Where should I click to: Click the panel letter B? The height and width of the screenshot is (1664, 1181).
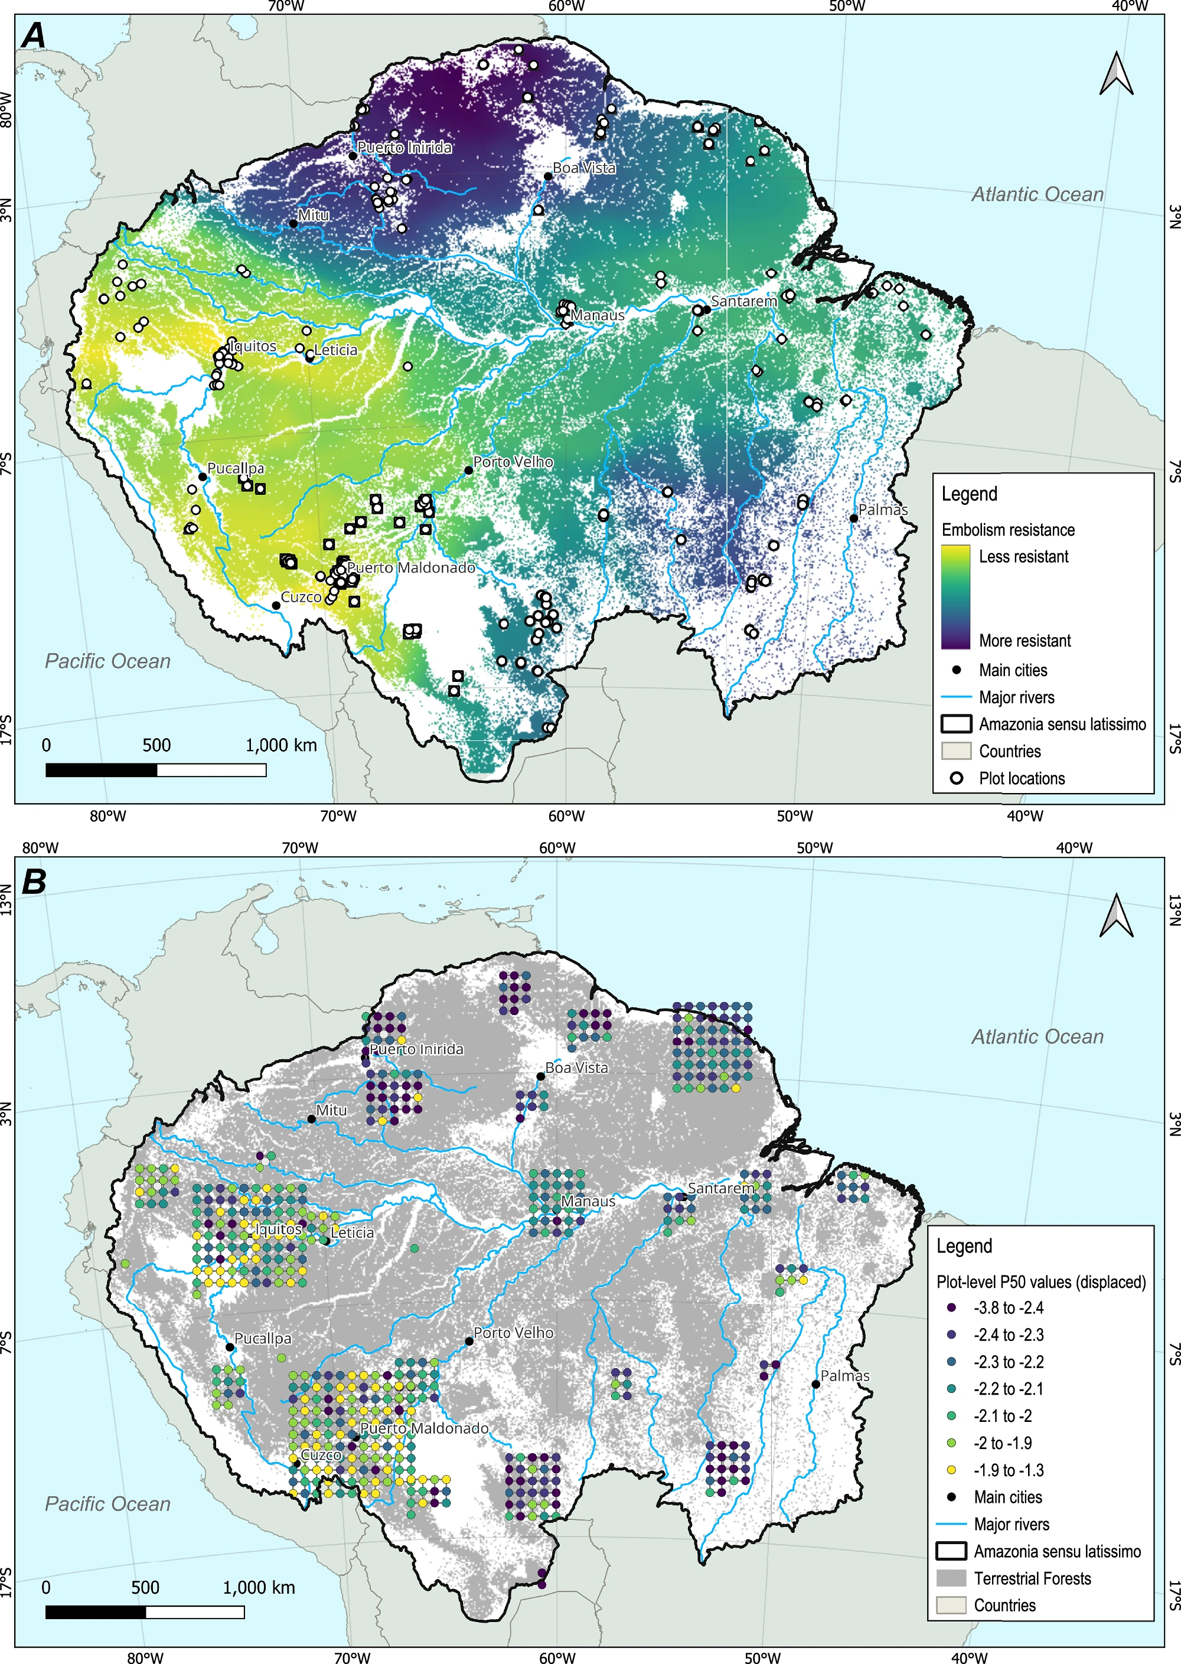coord(34,882)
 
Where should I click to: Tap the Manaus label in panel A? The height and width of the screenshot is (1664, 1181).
coord(598,315)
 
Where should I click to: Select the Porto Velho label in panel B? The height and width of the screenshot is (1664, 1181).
coord(513,1332)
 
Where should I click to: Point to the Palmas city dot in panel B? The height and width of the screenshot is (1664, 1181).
coord(816,1384)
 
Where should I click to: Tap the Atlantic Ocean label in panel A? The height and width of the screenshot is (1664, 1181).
coord(1038,194)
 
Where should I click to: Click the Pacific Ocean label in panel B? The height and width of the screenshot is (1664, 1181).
coord(107,1503)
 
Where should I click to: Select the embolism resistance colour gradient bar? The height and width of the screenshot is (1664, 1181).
coord(955,596)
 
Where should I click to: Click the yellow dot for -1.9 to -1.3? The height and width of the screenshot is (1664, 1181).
coord(951,1470)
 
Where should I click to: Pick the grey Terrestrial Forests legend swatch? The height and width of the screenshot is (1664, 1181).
coord(951,1578)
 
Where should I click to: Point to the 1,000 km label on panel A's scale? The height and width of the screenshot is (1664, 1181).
coord(280,745)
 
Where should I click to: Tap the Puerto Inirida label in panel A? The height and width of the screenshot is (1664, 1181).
coord(404,148)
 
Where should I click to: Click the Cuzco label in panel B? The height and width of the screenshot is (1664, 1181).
coord(321,1454)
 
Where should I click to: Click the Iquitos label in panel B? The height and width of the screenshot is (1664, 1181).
coord(278,1228)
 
